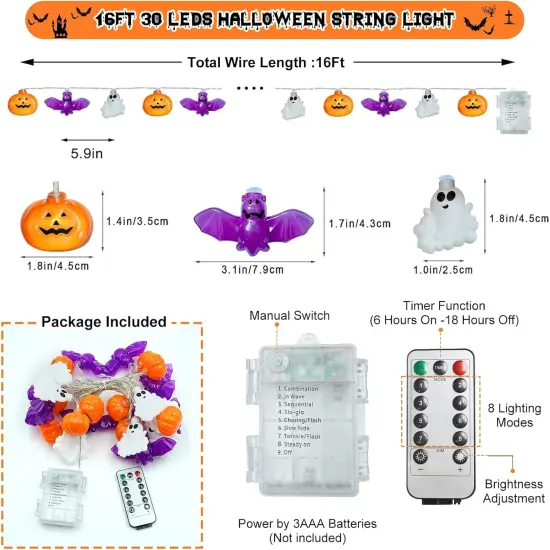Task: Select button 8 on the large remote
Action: pyautogui.click(x=461, y=438)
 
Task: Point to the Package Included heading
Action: pyautogui.click(x=103, y=321)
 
